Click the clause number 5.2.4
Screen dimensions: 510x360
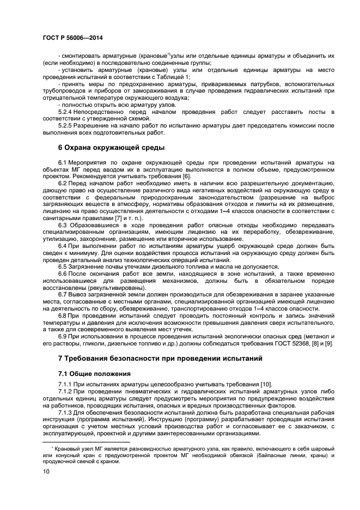[66, 112]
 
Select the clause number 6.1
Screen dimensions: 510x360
[63, 163]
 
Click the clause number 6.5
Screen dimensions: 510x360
[63, 266]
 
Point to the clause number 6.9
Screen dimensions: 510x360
[63, 336]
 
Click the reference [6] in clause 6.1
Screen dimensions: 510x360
[186, 177]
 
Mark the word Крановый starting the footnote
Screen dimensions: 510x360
[67, 447]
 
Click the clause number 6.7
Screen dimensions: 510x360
[63, 294]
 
